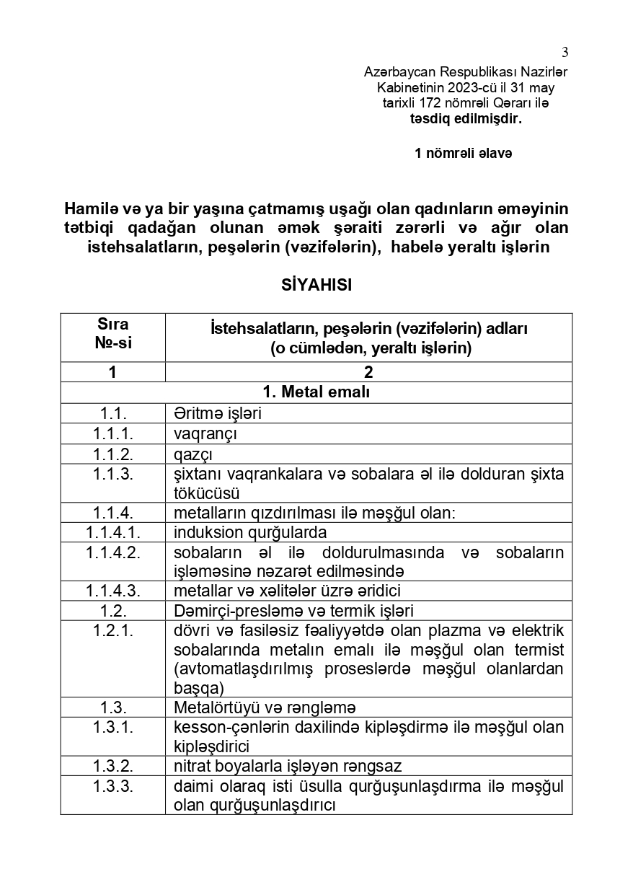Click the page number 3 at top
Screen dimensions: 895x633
point(565,51)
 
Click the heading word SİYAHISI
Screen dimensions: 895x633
point(316,285)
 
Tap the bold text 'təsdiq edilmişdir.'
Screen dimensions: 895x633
point(461,118)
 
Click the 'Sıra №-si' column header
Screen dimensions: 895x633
point(113,334)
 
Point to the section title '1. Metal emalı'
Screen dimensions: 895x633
point(316,392)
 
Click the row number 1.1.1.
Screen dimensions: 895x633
point(113,434)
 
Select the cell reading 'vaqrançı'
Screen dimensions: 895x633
point(205,434)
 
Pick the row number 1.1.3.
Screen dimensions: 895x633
point(113,474)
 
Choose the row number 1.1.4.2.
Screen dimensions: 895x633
point(113,552)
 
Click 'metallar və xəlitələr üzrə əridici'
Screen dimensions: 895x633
point(287,591)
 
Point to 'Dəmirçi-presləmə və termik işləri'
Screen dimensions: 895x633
point(293,611)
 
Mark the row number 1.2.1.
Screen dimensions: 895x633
point(113,630)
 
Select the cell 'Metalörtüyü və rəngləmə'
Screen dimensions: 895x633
point(265,707)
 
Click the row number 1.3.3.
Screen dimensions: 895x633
point(113,785)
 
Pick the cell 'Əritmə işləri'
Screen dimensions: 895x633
point(217,414)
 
